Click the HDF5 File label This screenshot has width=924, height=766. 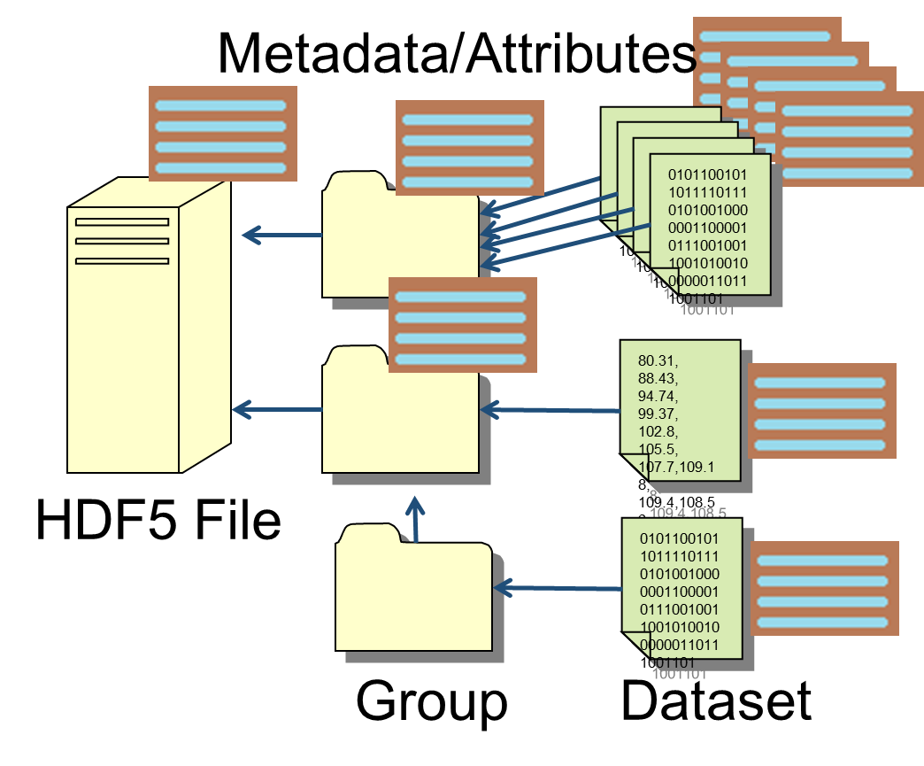[158, 520]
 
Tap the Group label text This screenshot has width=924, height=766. [432, 701]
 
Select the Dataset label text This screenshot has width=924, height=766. [716, 700]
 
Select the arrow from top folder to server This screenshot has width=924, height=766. [281, 235]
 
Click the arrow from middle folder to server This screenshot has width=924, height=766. [276, 409]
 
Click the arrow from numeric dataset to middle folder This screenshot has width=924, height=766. [549, 410]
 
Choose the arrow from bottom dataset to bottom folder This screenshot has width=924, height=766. [558, 587]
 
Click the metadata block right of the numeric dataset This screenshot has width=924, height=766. [821, 411]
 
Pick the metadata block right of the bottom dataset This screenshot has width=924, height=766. [824, 589]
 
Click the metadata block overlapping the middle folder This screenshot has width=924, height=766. [463, 326]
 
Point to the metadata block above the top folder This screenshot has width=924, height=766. [469, 146]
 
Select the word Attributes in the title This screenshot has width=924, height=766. [579, 53]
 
